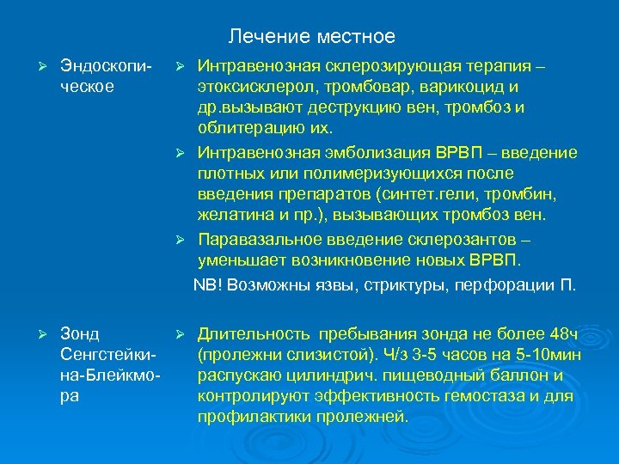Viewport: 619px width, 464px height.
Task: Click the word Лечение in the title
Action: [x=262, y=37]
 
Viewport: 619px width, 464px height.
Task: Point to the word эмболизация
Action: [x=341, y=152]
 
